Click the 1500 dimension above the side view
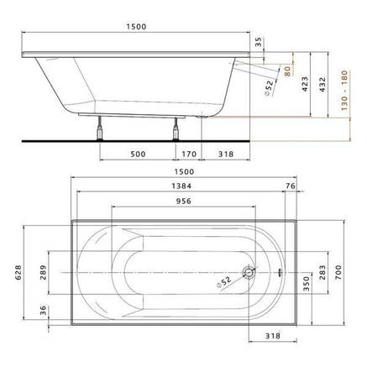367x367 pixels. [136, 27]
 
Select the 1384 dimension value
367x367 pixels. [181, 186]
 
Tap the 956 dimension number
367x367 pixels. [184, 201]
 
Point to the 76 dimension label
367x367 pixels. [291, 186]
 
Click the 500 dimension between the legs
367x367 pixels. [138, 154]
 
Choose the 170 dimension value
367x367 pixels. [189, 154]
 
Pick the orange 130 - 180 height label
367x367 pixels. [344, 91]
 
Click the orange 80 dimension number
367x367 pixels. [287, 71]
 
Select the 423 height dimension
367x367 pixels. [305, 84]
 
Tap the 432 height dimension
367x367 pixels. [322, 85]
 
